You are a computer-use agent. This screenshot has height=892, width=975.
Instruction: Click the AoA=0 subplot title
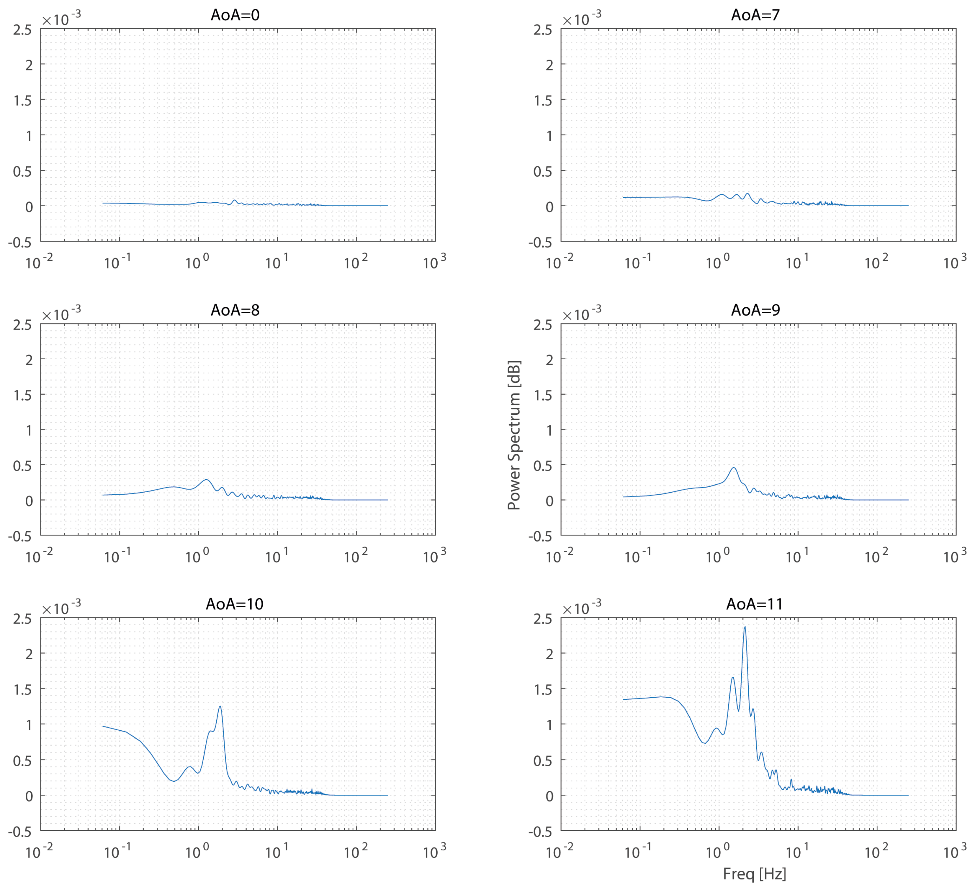[235, 15]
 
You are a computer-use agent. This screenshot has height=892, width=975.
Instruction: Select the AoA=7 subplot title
[755, 15]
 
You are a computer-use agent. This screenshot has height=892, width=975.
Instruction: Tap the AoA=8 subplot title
[235, 310]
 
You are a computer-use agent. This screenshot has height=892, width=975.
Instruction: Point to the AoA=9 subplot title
[755, 310]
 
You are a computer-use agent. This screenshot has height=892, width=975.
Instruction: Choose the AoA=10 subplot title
[235, 604]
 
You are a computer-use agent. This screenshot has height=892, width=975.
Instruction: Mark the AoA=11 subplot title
[755, 604]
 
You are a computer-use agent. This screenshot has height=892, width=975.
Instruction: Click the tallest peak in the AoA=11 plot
[745, 627]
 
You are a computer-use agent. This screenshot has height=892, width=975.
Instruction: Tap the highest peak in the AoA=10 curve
[220, 706]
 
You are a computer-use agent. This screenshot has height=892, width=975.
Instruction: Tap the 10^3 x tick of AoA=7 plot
[955, 262]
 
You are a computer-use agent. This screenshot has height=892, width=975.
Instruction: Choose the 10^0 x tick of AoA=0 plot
[197, 262]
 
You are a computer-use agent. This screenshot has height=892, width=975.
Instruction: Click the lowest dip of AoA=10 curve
[174, 781]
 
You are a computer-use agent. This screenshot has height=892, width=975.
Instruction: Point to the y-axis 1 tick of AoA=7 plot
[549, 136]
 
